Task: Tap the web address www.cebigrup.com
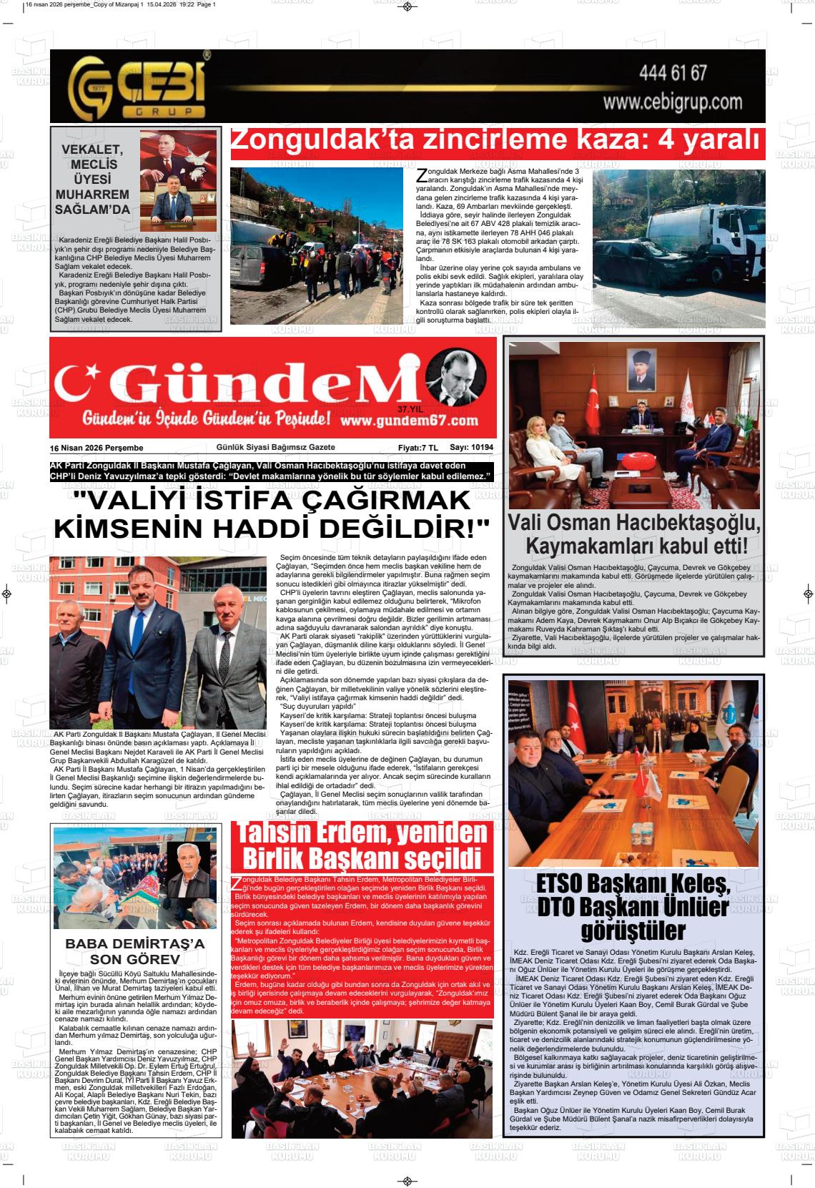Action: tap(673, 102)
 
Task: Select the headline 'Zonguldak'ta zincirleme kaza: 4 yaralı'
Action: tap(496, 142)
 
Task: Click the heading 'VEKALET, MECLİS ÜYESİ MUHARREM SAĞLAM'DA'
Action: tap(93, 180)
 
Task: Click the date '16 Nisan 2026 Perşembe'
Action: tap(97, 448)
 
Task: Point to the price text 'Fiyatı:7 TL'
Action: tap(418, 448)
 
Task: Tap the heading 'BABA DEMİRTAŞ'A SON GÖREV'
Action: tap(135, 951)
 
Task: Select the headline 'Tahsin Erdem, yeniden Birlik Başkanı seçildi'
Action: tap(362, 845)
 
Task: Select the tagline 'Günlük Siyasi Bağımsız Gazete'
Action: tap(275, 448)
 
